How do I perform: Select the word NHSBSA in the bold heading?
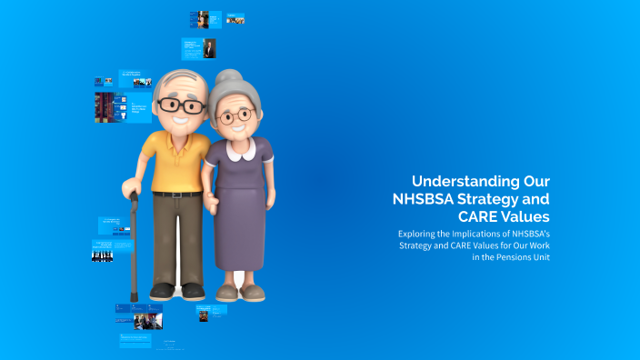[x=425, y=199]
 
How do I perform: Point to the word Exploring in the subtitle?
[x=418, y=234]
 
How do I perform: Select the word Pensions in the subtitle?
[x=508, y=257]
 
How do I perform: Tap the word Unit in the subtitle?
[x=540, y=257]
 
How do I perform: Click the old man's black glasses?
[x=181, y=105]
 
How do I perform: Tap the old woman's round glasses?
[x=235, y=116]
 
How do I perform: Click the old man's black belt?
[x=177, y=194]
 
